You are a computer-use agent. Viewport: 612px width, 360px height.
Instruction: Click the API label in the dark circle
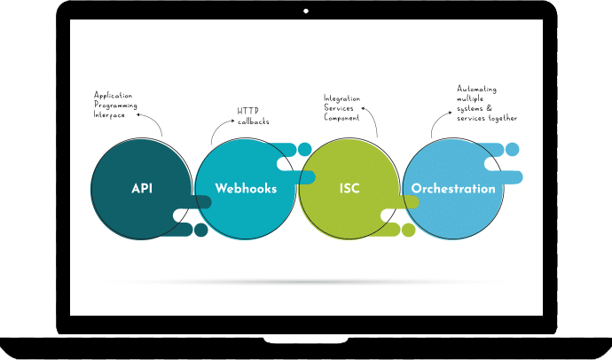coord(142,189)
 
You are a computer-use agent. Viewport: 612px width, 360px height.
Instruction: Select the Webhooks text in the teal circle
coord(246,189)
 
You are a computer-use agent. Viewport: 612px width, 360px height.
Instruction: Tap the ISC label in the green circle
coord(349,189)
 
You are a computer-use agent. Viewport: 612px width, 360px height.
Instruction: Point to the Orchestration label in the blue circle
coord(452,189)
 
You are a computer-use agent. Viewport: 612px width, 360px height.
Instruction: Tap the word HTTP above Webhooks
coord(247,110)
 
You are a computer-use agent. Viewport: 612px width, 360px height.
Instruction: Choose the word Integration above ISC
coord(342,98)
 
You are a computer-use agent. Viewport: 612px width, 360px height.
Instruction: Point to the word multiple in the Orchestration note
coord(475,98)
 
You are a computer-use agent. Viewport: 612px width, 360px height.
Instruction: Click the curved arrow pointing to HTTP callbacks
coord(219,130)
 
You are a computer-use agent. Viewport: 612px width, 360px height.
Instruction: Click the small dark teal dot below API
coord(201,231)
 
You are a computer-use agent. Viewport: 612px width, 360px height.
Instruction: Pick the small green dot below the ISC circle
coord(408,231)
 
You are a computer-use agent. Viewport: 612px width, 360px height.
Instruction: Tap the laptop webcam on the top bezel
coord(306,11)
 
